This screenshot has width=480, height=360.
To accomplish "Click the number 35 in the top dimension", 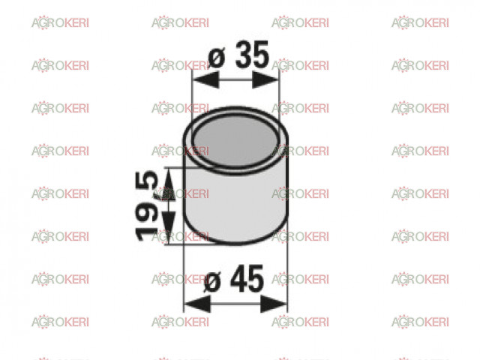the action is (x=253, y=55).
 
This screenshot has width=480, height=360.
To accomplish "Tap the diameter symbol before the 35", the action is (x=217, y=58).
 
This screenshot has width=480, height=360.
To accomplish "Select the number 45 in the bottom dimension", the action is (x=247, y=279).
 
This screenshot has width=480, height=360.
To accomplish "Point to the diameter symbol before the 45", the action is (x=211, y=282).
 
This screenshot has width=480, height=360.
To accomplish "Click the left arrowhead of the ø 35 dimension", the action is (x=206, y=80).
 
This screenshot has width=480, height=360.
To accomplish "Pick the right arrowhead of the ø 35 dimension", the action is (x=265, y=80).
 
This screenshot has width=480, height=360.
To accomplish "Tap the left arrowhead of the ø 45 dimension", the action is (x=197, y=304).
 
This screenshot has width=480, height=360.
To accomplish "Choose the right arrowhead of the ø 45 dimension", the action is (x=273, y=304).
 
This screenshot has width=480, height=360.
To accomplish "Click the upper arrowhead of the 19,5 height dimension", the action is (x=169, y=185).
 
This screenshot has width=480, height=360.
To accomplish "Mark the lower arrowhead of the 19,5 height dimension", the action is (x=169, y=227).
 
